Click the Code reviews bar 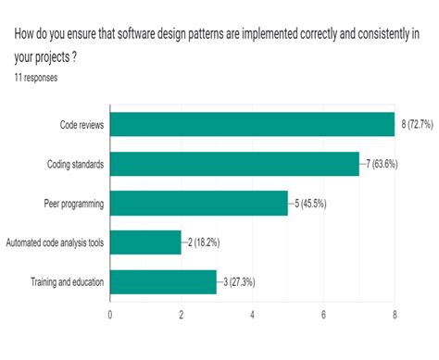[252, 124]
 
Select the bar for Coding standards [234, 164]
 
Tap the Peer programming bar [199, 204]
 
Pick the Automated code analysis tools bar [145, 242]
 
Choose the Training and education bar [163, 282]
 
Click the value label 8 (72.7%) [417, 124]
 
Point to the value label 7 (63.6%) [382, 164]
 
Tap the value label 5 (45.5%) [310, 204]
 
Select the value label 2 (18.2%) [204, 242]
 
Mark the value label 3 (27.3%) [239, 282]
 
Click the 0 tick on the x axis [110, 315]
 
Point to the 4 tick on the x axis [253, 315]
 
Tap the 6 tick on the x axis [323, 315]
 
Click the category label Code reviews [82, 125]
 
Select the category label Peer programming [74, 204]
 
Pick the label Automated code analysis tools [55, 242]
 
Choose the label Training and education [67, 282]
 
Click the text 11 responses [36, 78]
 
